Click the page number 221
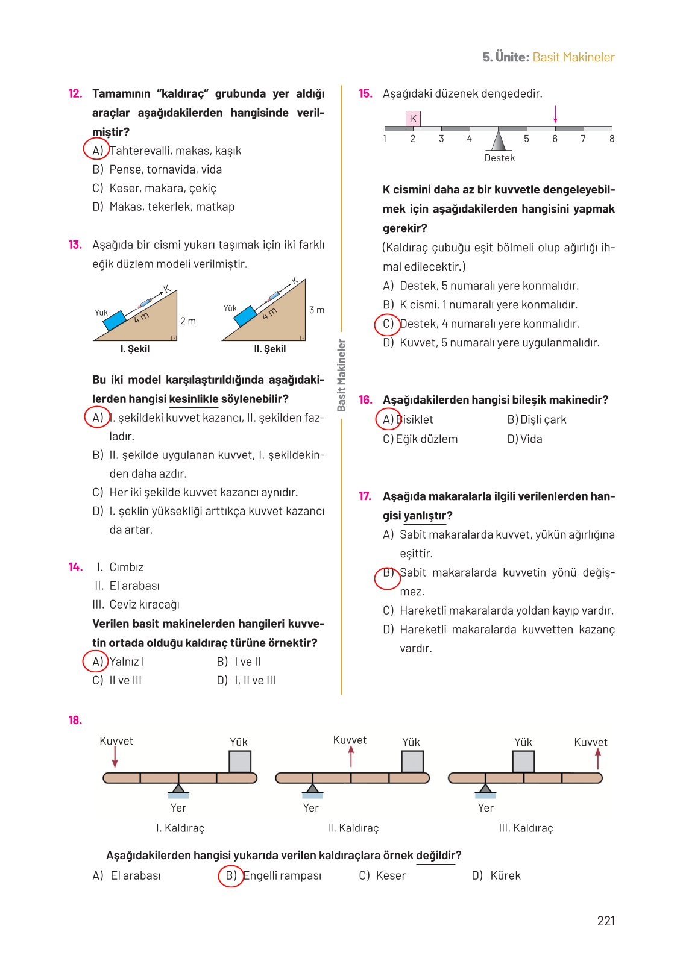[x=605, y=921]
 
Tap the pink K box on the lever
[x=413, y=119]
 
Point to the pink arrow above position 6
[x=555, y=114]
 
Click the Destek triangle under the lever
[x=498, y=140]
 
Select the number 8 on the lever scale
[x=611, y=139]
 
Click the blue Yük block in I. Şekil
[x=114, y=321]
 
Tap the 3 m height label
[x=316, y=310]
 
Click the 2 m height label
[x=188, y=321]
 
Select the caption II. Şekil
[x=269, y=349]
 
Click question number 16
[x=365, y=400]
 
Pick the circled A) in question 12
[x=96, y=150]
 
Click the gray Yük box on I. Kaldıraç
[x=240, y=762]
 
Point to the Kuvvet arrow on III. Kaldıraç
[x=597, y=758]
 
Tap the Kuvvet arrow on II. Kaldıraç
[x=351, y=756]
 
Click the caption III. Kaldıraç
[x=526, y=828]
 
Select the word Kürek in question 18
[x=505, y=875]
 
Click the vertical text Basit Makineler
[x=341, y=375]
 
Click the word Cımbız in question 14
[x=126, y=567]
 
